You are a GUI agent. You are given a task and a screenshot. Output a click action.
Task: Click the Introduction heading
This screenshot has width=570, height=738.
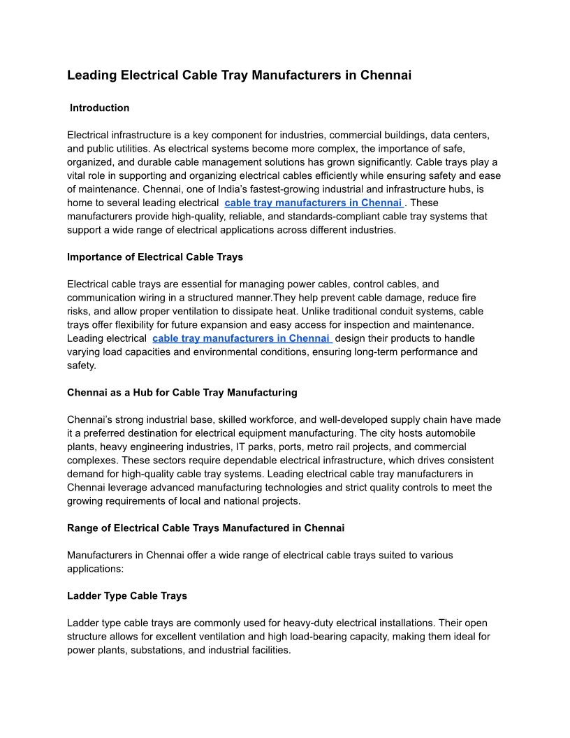coord(99,108)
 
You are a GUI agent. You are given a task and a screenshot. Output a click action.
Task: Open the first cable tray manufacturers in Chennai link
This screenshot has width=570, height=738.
coord(314,203)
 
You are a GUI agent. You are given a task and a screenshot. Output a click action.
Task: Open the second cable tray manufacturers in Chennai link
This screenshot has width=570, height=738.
coord(241,338)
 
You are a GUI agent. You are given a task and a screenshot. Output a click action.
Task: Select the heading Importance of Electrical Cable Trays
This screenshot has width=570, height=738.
coord(155,256)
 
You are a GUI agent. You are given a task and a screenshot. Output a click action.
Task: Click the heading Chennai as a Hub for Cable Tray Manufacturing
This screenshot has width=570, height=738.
coord(182,392)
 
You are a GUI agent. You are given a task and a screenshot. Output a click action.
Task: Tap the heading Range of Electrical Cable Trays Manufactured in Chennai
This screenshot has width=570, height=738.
coord(205,528)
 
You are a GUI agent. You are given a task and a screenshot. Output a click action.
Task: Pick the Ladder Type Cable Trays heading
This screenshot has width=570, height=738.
coord(127,595)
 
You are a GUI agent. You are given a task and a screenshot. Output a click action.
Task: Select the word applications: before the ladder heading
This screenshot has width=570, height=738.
coord(95,568)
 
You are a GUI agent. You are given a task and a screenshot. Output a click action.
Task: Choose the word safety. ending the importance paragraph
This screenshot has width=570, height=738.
coord(82,365)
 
